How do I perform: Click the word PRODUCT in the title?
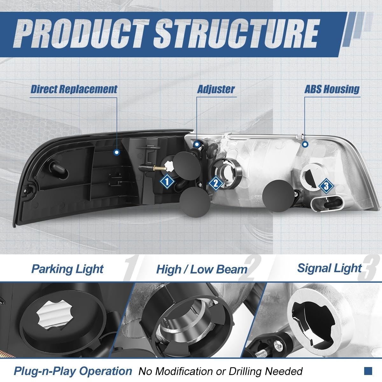point(81,34)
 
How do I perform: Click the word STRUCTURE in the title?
point(237,34)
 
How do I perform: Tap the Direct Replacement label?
point(74,89)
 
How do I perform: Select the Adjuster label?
point(216,89)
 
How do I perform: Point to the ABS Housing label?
point(332,89)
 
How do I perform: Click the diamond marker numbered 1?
point(167,181)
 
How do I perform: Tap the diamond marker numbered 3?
point(326,186)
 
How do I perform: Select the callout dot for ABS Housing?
point(305,144)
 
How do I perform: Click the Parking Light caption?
point(67,269)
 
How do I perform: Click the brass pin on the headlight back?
point(159,169)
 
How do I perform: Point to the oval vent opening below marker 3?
point(327,205)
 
